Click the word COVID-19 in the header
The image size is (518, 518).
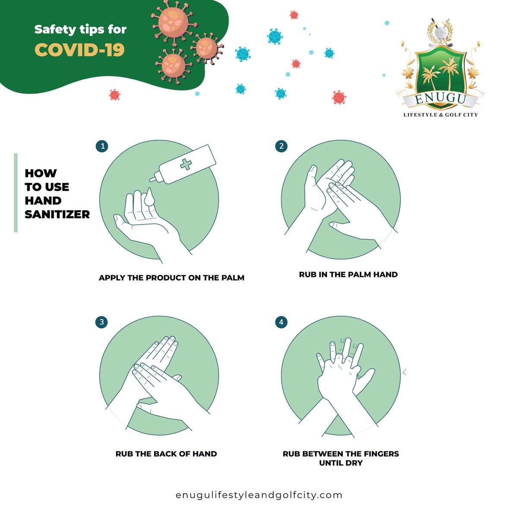point(79,50)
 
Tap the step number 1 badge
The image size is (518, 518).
point(102,146)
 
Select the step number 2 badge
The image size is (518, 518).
point(281,146)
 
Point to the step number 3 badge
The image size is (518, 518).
point(101,322)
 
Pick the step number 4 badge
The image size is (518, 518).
point(281,322)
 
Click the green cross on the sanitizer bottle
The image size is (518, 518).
point(186,164)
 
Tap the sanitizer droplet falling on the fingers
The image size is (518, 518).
point(149,197)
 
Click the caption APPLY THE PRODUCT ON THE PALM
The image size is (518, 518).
point(171,278)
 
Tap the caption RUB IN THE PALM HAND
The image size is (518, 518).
point(348,275)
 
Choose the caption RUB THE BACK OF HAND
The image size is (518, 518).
point(166,454)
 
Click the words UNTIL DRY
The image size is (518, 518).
point(341,463)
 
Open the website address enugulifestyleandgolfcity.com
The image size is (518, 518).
point(259,495)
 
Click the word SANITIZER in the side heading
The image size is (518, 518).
point(57,215)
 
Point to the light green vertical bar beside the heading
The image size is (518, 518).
point(16,193)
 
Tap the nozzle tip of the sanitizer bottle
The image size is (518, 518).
point(151,180)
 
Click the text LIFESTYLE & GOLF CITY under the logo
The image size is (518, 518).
point(440,115)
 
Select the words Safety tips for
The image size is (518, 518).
point(80,29)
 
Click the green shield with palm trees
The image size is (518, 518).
point(440,75)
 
